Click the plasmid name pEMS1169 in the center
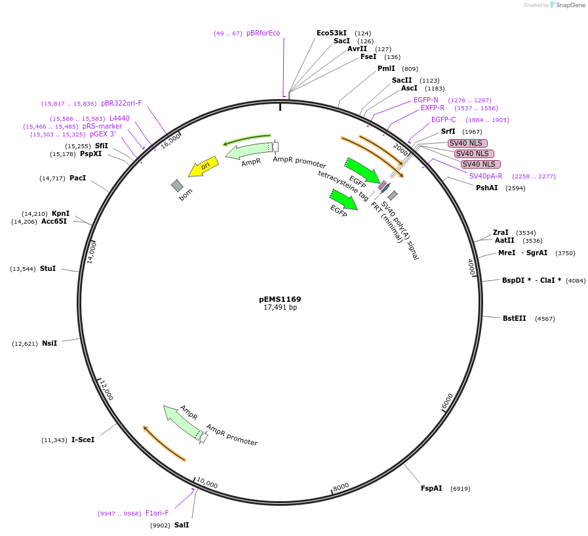coord(280,299)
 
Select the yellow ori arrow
coord(203,167)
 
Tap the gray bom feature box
coord(177,186)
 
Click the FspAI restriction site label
coord(431,488)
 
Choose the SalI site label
coord(182,525)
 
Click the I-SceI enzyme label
coord(83,440)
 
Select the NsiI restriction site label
coord(50,343)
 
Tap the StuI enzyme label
coord(48,268)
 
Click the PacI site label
coord(78,178)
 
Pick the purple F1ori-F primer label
coord(157,513)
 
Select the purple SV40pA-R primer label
coord(486,176)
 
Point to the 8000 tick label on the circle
coord(342,486)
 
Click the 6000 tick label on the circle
coord(448,401)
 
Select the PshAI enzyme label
coord(487,188)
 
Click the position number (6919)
coord(460,489)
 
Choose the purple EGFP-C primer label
coord(444,119)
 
